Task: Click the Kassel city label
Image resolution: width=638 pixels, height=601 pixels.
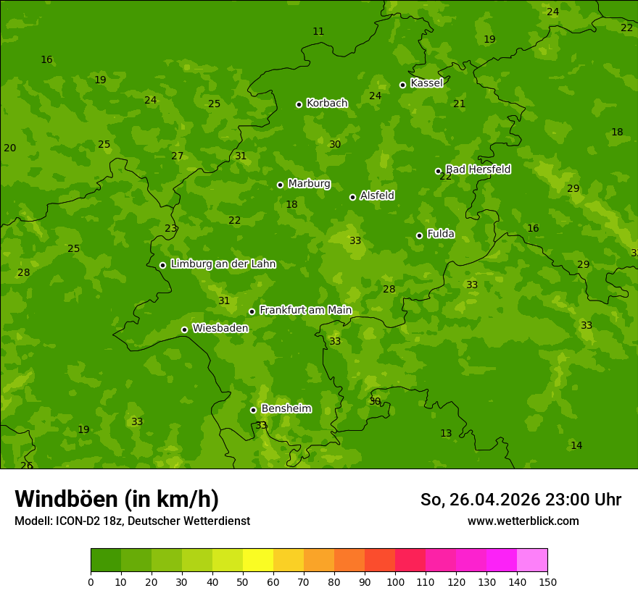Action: pyautogui.click(x=426, y=83)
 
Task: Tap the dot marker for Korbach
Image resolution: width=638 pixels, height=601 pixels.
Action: pyautogui.click(x=299, y=104)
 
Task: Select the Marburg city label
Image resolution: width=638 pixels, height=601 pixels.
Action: pyautogui.click(x=309, y=184)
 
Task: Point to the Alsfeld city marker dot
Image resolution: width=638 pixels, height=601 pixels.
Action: pyautogui.click(x=352, y=197)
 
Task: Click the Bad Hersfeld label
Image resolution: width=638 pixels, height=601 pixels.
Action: pyautogui.click(x=478, y=169)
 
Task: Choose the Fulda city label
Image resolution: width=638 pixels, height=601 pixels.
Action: pyautogui.click(x=441, y=234)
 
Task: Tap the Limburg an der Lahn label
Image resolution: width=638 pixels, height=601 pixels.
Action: pyautogui.click(x=223, y=264)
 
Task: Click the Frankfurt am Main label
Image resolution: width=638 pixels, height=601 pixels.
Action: pyautogui.click(x=305, y=311)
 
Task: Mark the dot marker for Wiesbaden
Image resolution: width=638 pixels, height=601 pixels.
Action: pyautogui.click(x=184, y=329)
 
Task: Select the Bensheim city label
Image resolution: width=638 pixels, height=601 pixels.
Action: pyautogui.click(x=286, y=409)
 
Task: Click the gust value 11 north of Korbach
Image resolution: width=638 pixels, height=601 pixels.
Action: pyautogui.click(x=318, y=31)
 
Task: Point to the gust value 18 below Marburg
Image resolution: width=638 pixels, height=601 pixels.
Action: pyautogui.click(x=291, y=205)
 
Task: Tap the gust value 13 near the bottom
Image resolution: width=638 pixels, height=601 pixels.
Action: pyautogui.click(x=446, y=433)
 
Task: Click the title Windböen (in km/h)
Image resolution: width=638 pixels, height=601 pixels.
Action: pyautogui.click(x=117, y=499)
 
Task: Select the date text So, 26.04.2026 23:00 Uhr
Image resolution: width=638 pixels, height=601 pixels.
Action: pyautogui.click(x=521, y=500)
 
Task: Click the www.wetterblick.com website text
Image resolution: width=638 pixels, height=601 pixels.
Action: pyautogui.click(x=523, y=521)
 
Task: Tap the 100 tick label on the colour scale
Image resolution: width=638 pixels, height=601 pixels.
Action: pyautogui.click(x=395, y=581)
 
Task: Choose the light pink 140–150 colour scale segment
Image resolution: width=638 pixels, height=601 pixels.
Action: pyautogui.click(x=532, y=560)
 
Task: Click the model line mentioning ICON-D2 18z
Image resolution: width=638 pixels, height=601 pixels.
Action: pyautogui.click(x=132, y=521)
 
